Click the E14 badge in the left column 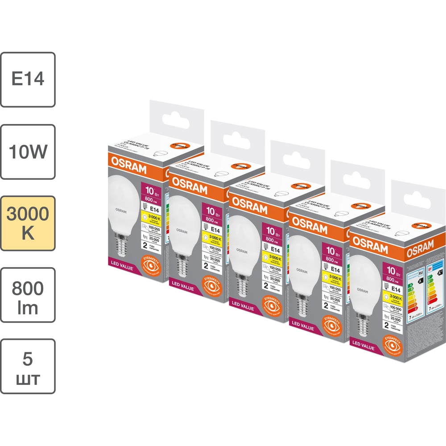tap(28, 79)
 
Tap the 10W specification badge tap(28, 152)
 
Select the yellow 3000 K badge tap(28, 223)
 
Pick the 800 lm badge tap(28, 295)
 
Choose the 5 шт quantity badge tap(28, 366)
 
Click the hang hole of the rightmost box tap(417, 195)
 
